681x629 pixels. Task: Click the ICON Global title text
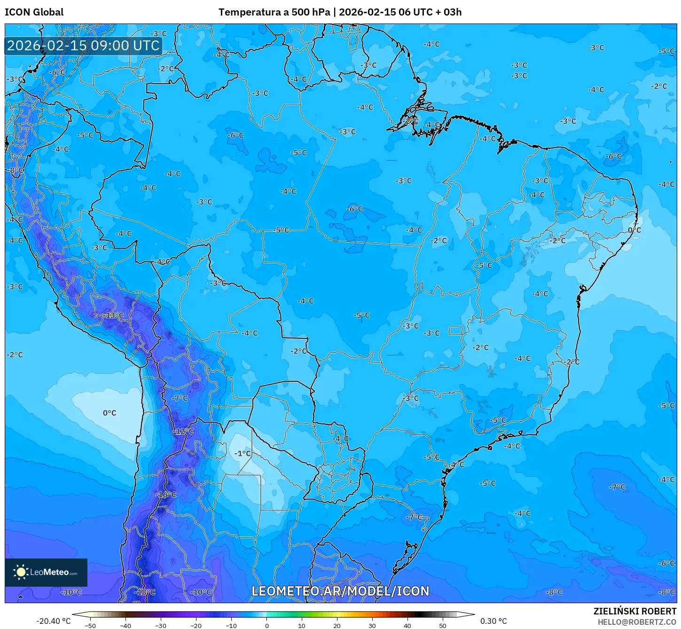coord(34,12)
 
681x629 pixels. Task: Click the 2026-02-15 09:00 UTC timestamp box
coord(83,46)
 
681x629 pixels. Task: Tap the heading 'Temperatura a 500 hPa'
coord(274,12)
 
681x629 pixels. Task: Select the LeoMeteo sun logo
coord(21,572)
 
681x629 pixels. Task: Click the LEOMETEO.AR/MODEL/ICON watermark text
coord(340,591)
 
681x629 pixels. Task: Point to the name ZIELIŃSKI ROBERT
coord(634,611)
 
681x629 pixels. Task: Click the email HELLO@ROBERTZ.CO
coord(637,622)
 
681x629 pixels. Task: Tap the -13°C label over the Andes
coord(114,315)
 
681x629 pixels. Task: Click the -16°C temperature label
coord(166,495)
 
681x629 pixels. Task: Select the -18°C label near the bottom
coord(145,592)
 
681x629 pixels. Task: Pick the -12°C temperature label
coord(184,431)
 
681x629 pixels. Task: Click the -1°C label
coord(243,454)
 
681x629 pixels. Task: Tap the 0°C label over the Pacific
coord(110,413)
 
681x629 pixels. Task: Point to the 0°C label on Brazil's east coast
coord(634,230)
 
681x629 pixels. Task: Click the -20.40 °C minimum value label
coord(53,621)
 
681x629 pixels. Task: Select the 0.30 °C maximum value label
coord(493,621)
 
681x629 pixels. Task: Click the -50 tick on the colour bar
coord(90,626)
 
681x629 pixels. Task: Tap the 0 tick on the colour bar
coord(266,626)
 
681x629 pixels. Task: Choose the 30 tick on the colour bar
coord(372,626)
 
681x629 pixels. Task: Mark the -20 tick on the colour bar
coord(196,626)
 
